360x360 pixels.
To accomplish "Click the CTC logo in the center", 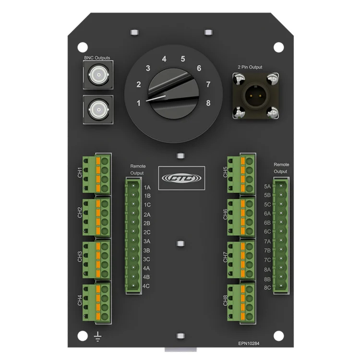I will coord(181,177).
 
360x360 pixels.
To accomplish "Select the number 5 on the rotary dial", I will coord(183,60).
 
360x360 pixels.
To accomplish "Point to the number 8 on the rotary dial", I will coord(208,103).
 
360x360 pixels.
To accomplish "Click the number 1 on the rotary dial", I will coord(139,103).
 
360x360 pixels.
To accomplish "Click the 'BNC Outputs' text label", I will coord(97,58).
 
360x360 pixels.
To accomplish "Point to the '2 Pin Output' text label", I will coord(250,67).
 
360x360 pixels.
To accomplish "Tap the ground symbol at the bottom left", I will coord(98,339).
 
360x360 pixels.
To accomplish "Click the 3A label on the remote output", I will coord(147,241).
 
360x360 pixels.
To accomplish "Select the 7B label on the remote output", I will coord(268,251).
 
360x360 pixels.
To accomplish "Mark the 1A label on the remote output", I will coord(147,187).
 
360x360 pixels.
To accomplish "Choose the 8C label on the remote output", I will coord(268,288).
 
